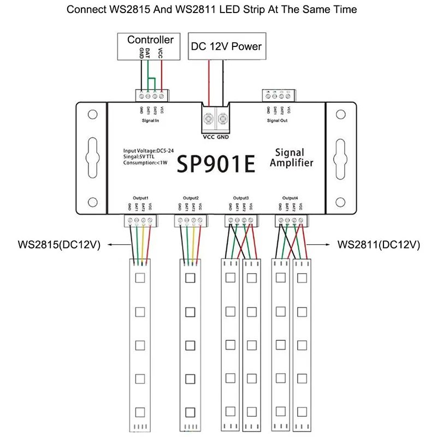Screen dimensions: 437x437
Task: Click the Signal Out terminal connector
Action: tap(279, 95)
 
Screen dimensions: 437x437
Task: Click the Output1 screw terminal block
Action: tap(140, 221)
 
